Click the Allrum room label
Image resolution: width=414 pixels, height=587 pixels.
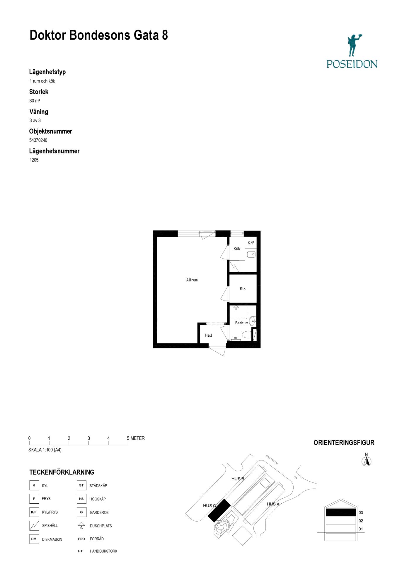point(192,280)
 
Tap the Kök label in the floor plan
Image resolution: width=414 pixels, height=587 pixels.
point(237,249)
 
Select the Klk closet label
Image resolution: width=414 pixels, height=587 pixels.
point(243,289)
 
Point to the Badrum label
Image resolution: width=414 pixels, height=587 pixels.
point(242,323)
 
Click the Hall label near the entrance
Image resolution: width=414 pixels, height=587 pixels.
point(209,335)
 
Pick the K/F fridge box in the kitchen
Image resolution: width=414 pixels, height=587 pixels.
point(251,243)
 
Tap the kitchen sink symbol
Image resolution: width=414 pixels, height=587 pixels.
point(251,254)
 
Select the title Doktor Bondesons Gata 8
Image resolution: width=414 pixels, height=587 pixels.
point(99,35)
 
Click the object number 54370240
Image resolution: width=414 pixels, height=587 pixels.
point(38,140)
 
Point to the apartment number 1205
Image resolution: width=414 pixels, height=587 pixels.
point(34,160)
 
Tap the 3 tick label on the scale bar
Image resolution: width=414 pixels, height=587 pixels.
point(89,438)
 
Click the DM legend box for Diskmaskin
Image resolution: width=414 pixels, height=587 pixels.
point(34,539)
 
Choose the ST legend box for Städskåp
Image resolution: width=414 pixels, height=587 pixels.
point(81,485)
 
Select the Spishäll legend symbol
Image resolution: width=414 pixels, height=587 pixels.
point(34,525)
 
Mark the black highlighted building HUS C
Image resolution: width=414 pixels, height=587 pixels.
point(219,510)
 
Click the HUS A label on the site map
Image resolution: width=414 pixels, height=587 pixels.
point(273,504)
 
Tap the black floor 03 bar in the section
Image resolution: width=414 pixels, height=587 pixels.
point(341,512)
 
